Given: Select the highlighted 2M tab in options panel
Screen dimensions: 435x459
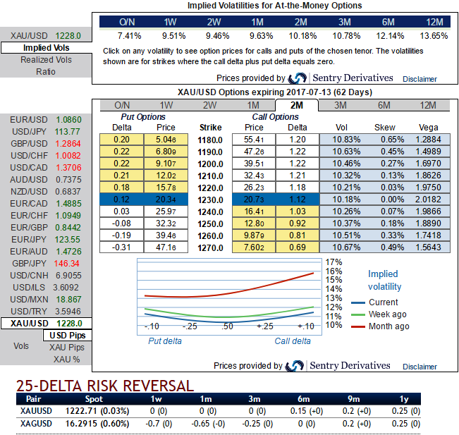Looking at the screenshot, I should (296, 105).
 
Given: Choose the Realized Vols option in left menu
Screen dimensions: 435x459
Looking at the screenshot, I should (46, 60).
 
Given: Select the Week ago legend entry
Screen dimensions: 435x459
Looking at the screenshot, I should (387, 314).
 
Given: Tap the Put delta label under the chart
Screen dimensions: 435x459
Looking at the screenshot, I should (164, 341).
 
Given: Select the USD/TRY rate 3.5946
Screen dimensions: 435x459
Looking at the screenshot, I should (67, 311).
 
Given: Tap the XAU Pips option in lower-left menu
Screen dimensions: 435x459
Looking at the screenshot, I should (67, 348).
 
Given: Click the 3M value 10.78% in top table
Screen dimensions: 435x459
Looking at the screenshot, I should (341, 35).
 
